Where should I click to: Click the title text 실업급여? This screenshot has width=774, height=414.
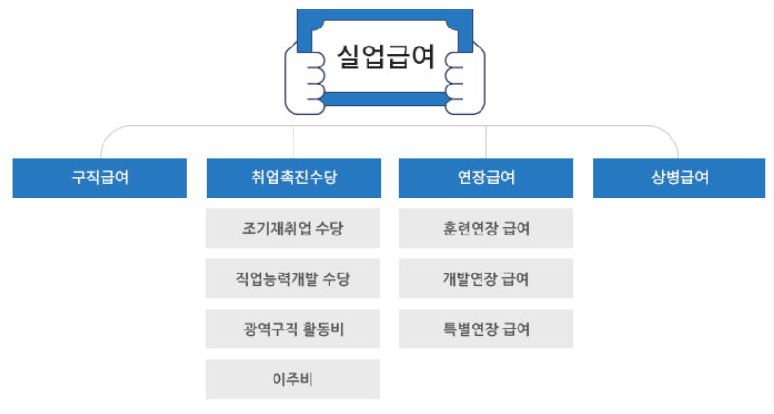click(x=386, y=57)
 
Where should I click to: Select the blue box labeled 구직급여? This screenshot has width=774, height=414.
click(x=100, y=178)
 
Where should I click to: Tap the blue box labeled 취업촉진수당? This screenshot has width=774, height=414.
click(x=293, y=178)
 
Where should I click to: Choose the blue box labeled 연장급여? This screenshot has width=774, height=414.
click(x=485, y=178)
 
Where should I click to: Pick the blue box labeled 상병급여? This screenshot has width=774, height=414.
click(x=679, y=178)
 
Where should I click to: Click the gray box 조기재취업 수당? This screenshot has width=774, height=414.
click(x=293, y=229)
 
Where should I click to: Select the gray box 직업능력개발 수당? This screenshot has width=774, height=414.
click(x=293, y=279)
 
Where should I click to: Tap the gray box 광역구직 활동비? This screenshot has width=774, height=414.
click(x=293, y=329)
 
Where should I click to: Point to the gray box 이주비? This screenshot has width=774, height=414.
click(x=293, y=380)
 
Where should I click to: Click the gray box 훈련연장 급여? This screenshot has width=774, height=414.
click(x=485, y=229)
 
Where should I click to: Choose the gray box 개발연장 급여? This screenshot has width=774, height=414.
click(x=485, y=279)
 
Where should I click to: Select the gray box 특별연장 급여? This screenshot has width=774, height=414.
click(x=485, y=329)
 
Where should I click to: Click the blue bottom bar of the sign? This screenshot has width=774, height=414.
click(x=386, y=98)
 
